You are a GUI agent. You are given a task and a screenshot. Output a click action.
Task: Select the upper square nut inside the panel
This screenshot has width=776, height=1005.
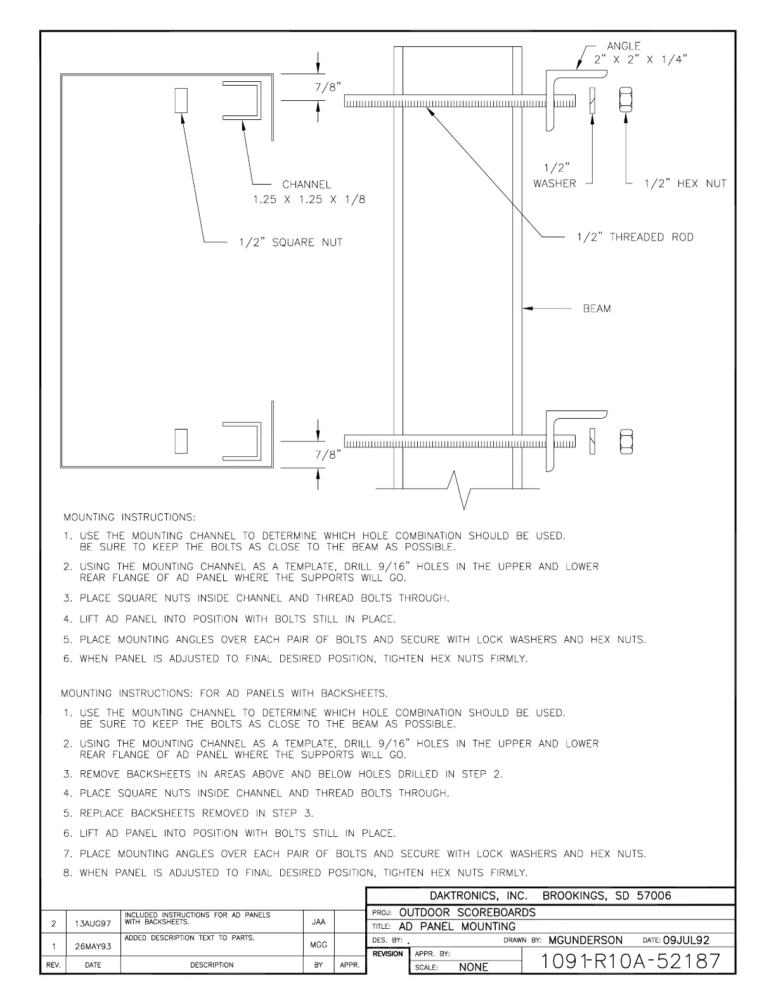click(x=182, y=100)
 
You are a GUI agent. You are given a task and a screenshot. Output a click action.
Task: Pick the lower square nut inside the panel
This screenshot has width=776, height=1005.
click(x=182, y=442)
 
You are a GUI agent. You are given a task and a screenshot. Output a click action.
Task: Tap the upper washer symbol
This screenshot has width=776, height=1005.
click(x=592, y=100)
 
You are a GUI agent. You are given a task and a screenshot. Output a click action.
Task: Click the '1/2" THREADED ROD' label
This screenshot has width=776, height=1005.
click(x=635, y=237)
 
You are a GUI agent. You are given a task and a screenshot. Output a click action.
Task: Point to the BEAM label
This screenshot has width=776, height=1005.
click(x=597, y=309)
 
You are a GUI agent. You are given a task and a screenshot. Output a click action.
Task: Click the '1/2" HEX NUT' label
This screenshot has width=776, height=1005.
click(x=685, y=184)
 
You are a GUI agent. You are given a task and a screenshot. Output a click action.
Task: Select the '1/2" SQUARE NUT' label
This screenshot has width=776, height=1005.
click(x=290, y=242)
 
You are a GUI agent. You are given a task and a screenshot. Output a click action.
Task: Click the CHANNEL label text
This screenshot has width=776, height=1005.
click(x=306, y=185)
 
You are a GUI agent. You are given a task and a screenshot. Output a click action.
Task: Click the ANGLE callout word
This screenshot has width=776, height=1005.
click(x=623, y=46)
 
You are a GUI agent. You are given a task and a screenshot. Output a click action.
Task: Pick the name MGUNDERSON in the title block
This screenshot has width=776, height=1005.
click(x=585, y=940)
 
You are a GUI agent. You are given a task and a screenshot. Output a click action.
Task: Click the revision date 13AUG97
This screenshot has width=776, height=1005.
click(x=93, y=924)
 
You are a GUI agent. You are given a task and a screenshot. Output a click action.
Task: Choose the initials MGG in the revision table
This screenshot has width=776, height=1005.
click(x=318, y=945)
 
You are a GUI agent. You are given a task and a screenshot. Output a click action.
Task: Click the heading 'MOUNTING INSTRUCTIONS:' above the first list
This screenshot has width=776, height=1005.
click(x=129, y=518)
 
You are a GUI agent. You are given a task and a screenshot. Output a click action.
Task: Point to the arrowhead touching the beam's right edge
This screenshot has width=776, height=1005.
click(x=526, y=309)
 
